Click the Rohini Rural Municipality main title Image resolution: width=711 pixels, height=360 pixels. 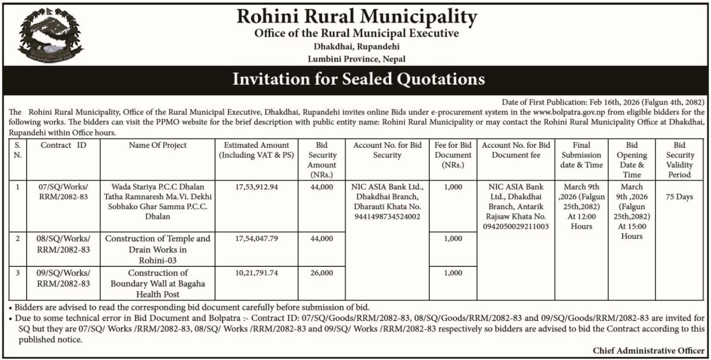tap(357, 17)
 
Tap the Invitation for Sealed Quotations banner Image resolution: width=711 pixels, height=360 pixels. tap(358, 79)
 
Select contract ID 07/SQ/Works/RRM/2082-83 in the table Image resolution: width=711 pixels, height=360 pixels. tap(63, 191)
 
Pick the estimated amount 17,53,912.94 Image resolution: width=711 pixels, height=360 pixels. tap(256, 186)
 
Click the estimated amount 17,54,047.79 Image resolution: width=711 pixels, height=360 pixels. tap(256, 238)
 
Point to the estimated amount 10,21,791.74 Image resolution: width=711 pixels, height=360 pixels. tap(256, 273)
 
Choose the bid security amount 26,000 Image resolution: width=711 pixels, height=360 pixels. tap(322, 273)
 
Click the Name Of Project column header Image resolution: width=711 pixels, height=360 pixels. tap(157, 145)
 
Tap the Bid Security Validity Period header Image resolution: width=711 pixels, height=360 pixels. tap(679, 160)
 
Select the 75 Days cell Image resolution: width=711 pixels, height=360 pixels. tap(679, 197)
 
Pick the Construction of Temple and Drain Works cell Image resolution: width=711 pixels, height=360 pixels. tap(157, 249)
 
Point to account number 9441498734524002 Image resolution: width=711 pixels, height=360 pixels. tap(387, 216)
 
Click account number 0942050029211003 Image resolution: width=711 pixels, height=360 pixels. tap(515, 226)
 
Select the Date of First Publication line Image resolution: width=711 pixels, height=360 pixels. tap(603, 102)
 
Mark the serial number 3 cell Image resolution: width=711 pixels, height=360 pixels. tap(17, 273)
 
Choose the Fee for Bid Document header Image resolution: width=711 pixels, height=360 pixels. tap(453, 155)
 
